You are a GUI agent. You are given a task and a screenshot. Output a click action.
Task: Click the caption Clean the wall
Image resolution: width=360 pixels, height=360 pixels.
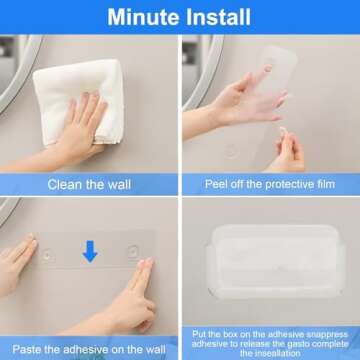(x=90, y=184)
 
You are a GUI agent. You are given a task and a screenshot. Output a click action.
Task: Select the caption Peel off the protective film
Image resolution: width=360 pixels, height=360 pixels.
(x=269, y=184)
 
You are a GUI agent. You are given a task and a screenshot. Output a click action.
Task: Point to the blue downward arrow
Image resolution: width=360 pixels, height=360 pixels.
(x=90, y=251)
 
